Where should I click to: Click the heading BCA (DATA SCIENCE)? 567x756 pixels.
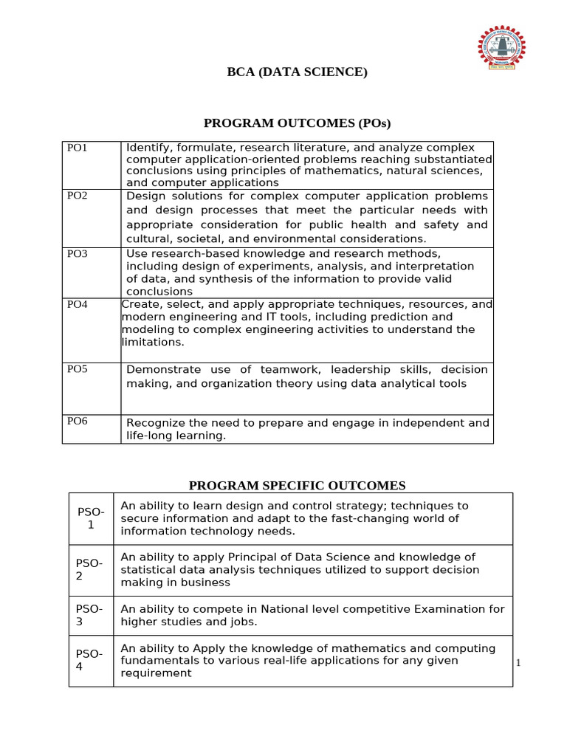(296, 72)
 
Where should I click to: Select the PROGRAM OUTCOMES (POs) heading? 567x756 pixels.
(297, 123)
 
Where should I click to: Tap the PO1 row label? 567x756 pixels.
(77, 148)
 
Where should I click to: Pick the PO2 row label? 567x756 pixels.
(77, 196)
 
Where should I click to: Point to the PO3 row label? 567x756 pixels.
(77, 254)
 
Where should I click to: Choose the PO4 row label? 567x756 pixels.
(77, 304)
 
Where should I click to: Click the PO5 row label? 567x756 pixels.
(77, 369)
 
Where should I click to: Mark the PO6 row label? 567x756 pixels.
(77, 421)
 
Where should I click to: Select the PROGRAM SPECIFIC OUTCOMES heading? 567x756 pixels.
(297, 485)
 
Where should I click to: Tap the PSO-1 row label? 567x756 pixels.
(91, 518)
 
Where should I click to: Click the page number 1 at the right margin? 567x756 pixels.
(518, 663)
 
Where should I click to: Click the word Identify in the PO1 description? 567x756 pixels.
(148, 148)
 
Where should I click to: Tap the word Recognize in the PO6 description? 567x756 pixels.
(156, 423)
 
